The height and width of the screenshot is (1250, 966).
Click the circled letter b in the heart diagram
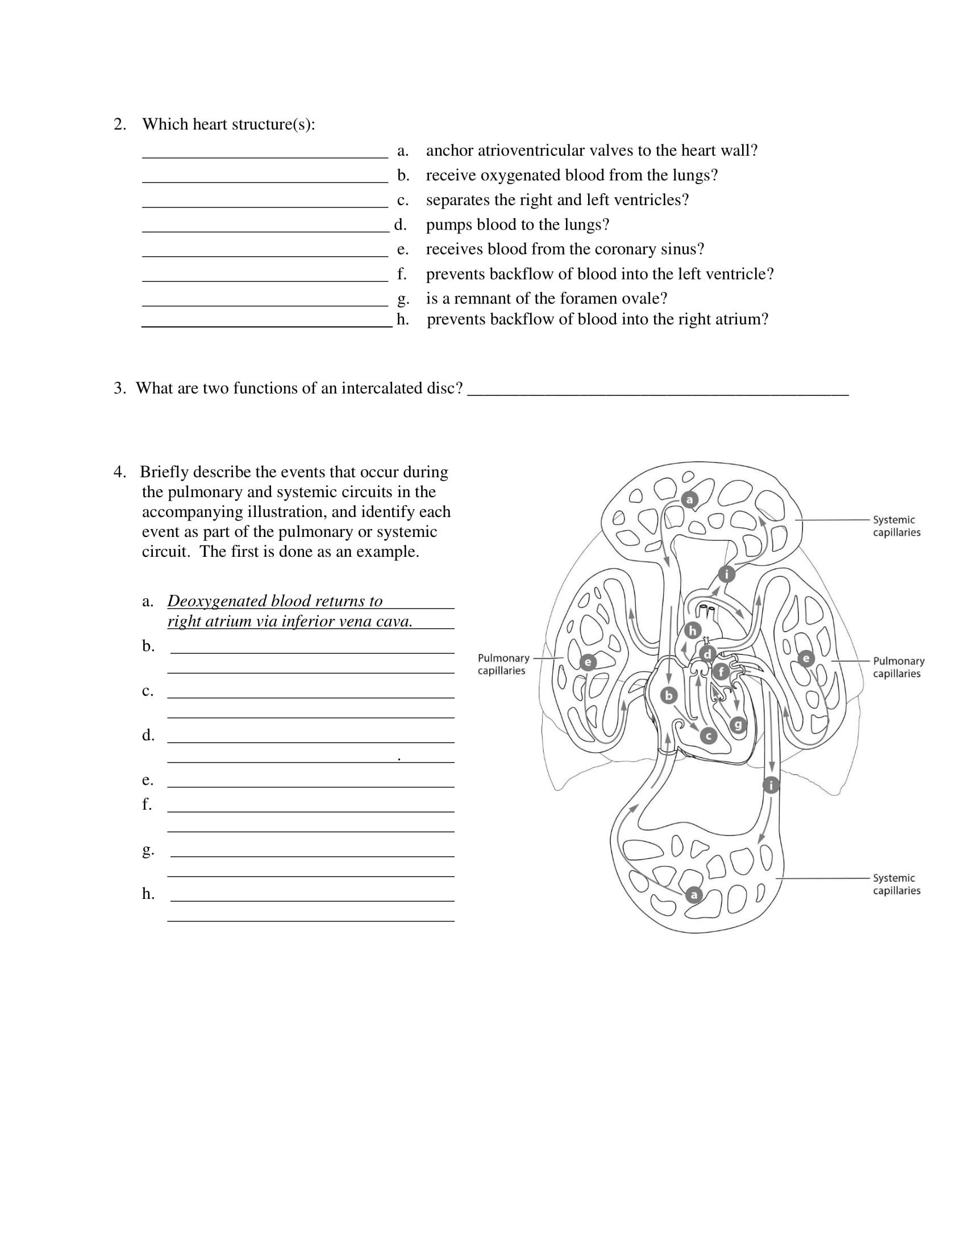coord(668,695)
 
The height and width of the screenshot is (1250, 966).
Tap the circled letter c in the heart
coord(709,735)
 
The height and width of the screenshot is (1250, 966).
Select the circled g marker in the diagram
coord(738,726)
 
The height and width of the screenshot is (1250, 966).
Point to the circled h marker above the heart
coord(693,631)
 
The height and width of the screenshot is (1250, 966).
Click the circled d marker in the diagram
coord(708,653)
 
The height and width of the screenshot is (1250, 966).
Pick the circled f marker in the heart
coord(721,671)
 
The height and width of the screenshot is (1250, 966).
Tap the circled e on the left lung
coord(588,662)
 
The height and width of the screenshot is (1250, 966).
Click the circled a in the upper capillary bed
coord(690,499)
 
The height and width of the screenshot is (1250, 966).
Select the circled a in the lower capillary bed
coord(694,894)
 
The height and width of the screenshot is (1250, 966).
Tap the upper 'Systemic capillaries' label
coord(896,526)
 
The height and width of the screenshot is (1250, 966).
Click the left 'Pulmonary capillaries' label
coord(503,664)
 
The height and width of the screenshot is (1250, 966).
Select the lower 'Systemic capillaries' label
coord(896,884)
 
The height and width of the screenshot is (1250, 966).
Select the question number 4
coord(119,472)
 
